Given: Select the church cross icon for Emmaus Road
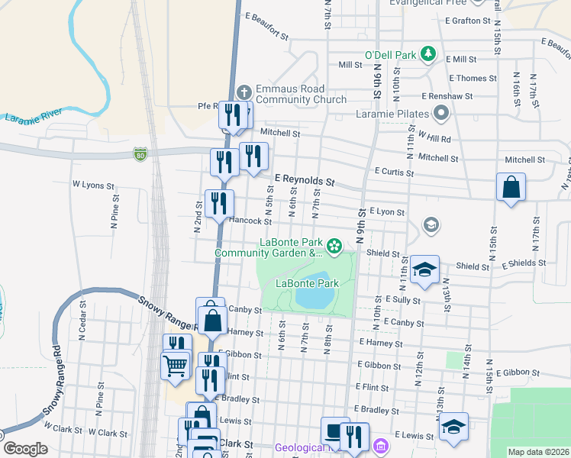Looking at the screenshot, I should tap(244, 92).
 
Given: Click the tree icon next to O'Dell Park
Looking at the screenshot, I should tap(428, 54).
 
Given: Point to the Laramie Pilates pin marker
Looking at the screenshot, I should tap(440, 115).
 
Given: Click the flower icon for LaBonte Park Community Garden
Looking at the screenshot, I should tap(334, 246).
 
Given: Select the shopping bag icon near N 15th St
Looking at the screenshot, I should tap(511, 187).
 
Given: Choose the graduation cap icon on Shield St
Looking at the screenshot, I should tap(424, 269).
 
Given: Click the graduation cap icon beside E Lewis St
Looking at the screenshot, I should tap(453, 427).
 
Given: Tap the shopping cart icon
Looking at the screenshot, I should tap(175, 365).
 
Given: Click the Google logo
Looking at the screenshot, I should tap(25, 449).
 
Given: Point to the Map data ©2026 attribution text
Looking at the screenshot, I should tap(538, 452).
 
